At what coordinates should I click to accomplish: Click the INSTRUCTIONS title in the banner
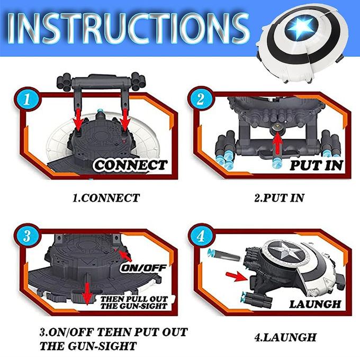pyautogui.click(x=129, y=29)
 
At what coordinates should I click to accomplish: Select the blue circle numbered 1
pyautogui.click(x=27, y=100)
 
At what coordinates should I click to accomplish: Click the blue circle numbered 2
pyautogui.click(x=201, y=100)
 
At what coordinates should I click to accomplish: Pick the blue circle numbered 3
pyautogui.click(x=27, y=236)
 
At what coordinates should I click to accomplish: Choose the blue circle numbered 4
pyautogui.click(x=201, y=236)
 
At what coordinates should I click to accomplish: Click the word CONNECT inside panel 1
pyautogui.click(x=131, y=165)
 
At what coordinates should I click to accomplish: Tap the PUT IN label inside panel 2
pyautogui.click(x=316, y=165)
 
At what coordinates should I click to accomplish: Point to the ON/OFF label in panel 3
pyautogui.click(x=143, y=268)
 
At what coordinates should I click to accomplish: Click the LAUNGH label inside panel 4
pyautogui.click(x=315, y=304)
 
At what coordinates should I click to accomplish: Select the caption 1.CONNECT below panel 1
pyautogui.click(x=106, y=198)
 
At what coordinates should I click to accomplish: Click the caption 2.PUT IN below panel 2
pyautogui.click(x=279, y=198)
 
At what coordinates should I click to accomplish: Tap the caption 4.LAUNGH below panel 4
pyautogui.click(x=285, y=337)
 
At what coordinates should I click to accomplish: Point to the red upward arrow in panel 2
pyautogui.click(x=277, y=143)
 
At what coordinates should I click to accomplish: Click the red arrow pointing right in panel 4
pyautogui.click(x=236, y=276)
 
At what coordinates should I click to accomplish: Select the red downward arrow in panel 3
pyautogui.click(x=87, y=294)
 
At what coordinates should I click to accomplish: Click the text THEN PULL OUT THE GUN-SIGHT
pyautogui.click(x=134, y=303)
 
